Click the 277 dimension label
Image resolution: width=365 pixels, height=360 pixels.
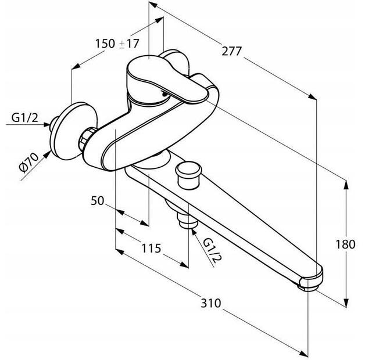click(232, 51)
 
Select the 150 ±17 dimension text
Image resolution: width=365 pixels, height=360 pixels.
click(117, 44)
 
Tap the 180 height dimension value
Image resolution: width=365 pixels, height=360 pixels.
click(345, 244)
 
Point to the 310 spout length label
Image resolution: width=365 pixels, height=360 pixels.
click(210, 303)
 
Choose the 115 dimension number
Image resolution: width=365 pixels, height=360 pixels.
click(151, 248)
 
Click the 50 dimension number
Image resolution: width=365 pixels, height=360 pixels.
click(97, 200)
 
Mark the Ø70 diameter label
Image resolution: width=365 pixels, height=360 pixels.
click(29, 163)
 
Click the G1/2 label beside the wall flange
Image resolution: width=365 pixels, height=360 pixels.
click(24, 118)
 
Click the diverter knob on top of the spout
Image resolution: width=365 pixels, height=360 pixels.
click(188, 176)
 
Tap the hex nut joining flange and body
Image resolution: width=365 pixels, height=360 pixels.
click(85, 139)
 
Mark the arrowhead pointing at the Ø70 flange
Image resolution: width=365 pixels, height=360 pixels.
click(47, 154)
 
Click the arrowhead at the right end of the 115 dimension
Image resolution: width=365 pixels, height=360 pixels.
click(184, 265)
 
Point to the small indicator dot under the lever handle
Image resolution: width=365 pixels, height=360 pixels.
click(164, 94)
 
